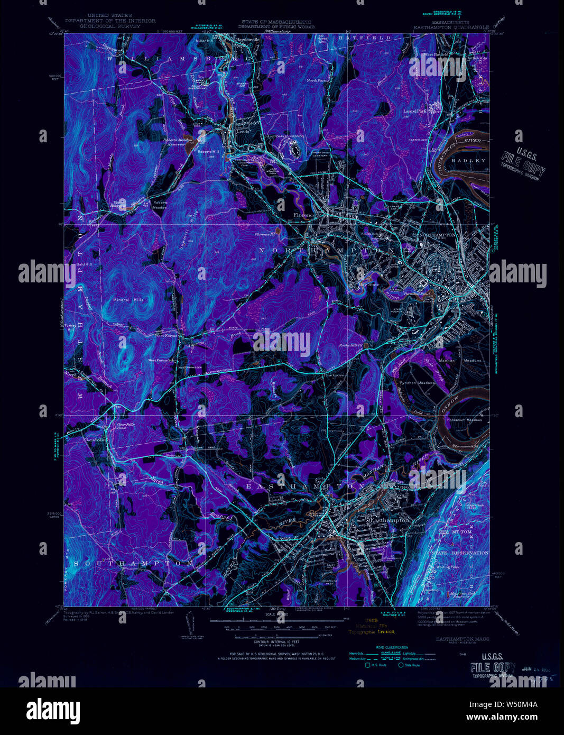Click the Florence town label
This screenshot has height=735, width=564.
[304, 215]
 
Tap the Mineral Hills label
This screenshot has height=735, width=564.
[128, 300]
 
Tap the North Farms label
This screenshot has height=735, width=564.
[318, 80]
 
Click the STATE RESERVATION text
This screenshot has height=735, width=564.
[459, 553]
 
